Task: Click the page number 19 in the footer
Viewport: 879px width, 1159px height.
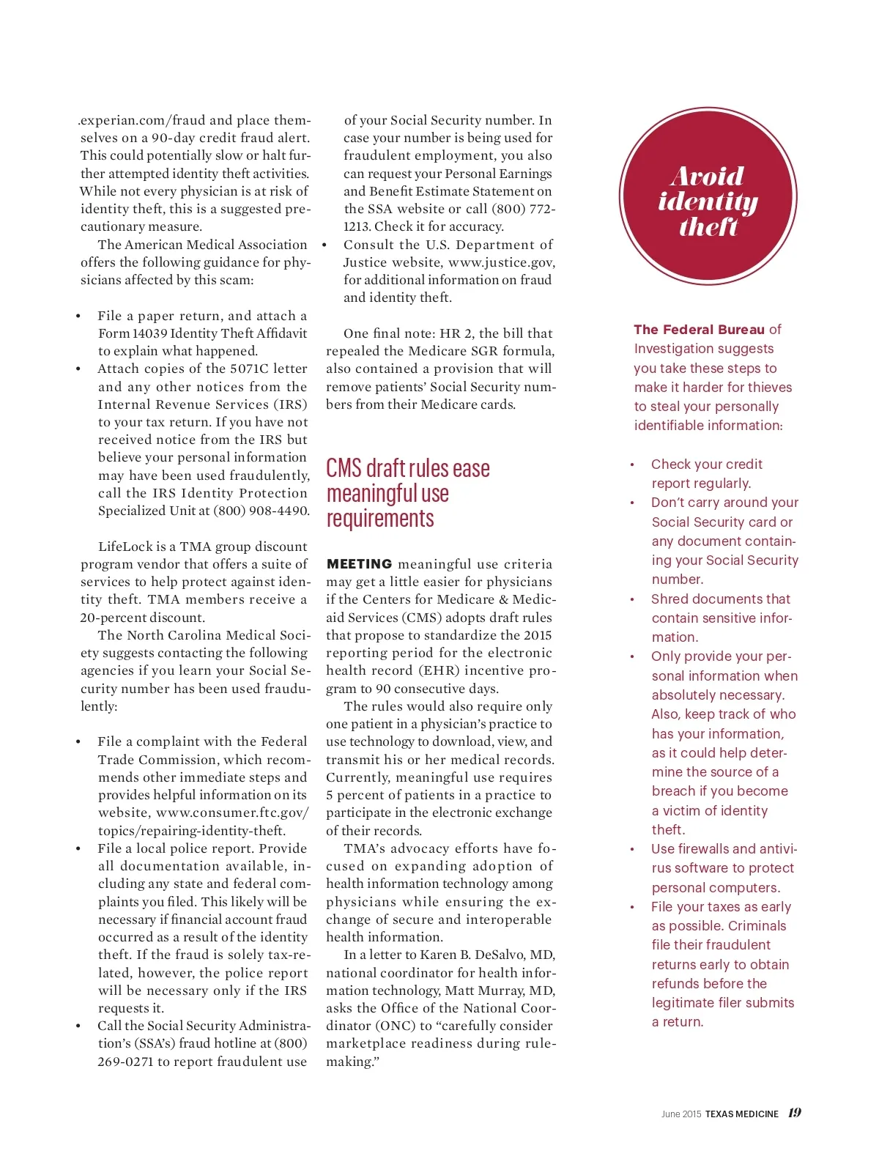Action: [795, 1112]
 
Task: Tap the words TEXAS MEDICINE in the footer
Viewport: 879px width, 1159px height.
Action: [741, 1114]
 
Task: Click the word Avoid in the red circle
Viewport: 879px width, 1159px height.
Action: [707, 177]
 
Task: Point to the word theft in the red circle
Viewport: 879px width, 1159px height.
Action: [708, 226]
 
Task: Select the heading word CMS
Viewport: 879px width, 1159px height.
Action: [344, 468]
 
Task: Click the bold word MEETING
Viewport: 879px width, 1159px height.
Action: [359, 564]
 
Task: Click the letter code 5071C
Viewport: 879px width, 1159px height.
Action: [251, 369]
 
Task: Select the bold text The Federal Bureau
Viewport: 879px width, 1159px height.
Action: [699, 330]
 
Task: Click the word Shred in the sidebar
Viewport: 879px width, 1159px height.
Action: [670, 599]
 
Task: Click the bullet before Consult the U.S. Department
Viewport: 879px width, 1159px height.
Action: [324, 245]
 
